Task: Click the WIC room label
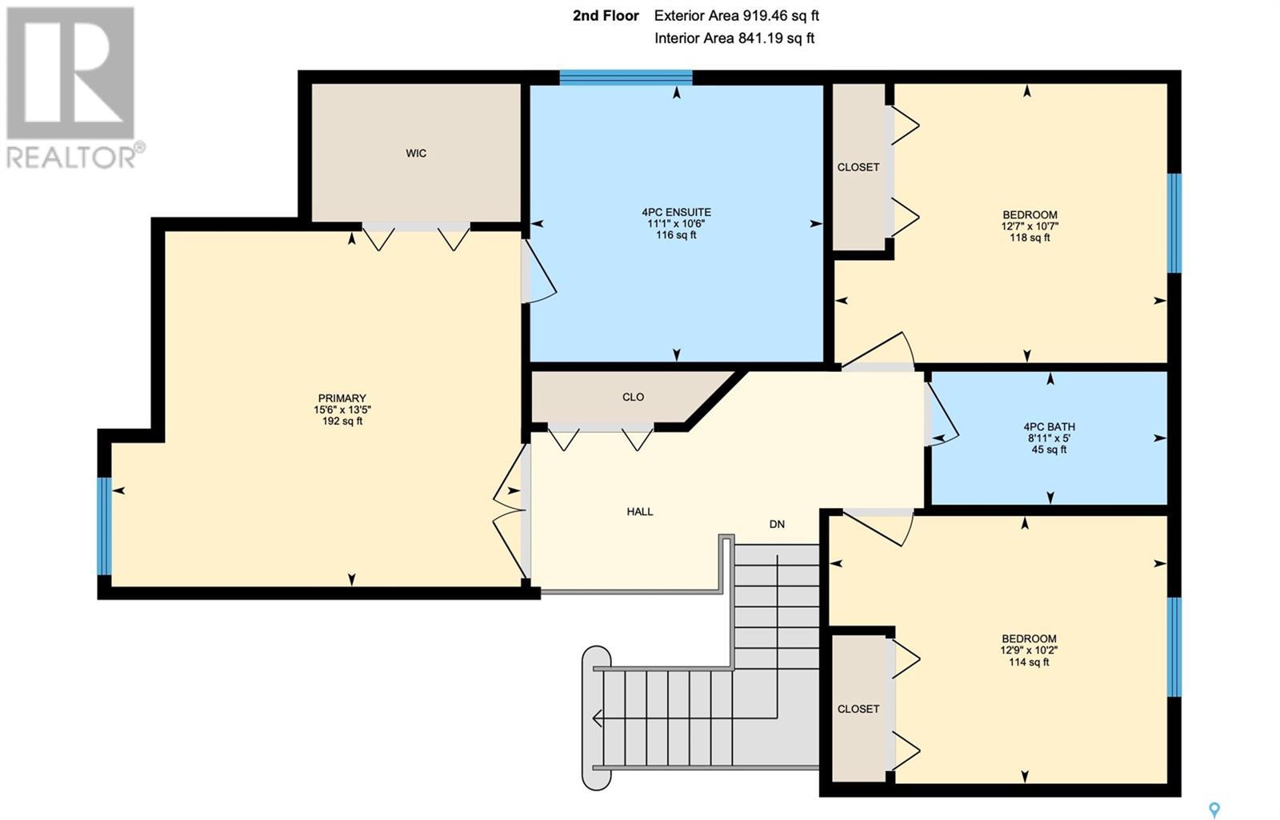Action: tap(416, 153)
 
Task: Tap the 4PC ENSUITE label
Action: tap(676, 212)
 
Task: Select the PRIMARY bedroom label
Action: tap(342, 398)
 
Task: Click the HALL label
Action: tap(640, 511)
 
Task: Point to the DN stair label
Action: tap(777, 524)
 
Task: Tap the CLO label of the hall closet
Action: tap(633, 397)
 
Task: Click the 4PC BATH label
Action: tap(1049, 427)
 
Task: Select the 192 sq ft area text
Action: tap(342, 421)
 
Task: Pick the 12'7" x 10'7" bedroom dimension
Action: tap(1030, 226)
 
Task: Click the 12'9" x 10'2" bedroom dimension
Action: tap(1029, 650)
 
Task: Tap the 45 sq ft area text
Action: tap(1049, 450)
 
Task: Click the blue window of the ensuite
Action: tap(626, 77)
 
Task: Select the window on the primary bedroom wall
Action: tap(104, 526)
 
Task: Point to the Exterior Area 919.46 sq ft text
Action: tap(737, 16)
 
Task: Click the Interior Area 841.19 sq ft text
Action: tap(734, 38)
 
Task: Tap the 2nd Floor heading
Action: tap(606, 16)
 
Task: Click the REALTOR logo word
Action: tap(72, 157)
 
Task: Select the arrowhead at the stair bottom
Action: tap(598, 718)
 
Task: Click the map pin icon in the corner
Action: tap(1215, 810)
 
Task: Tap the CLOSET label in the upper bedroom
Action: tap(858, 167)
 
